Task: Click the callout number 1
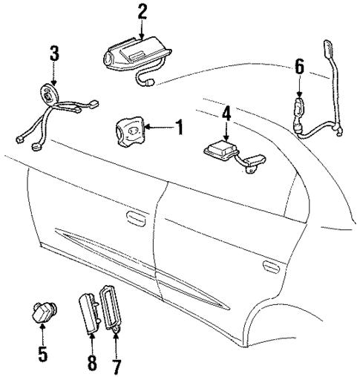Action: tap(179, 127)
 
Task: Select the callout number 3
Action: tap(53, 56)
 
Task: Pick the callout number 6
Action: tap(298, 68)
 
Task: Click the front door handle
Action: tap(134, 218)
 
